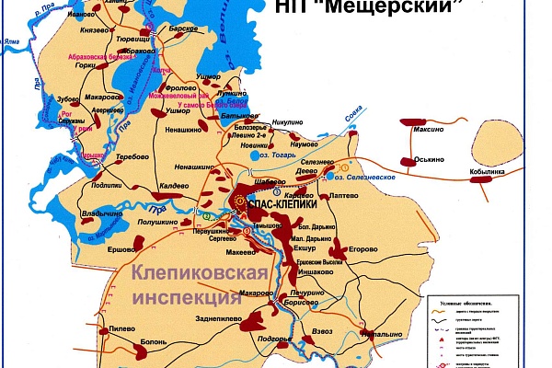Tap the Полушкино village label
click(x=158, y=223)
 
